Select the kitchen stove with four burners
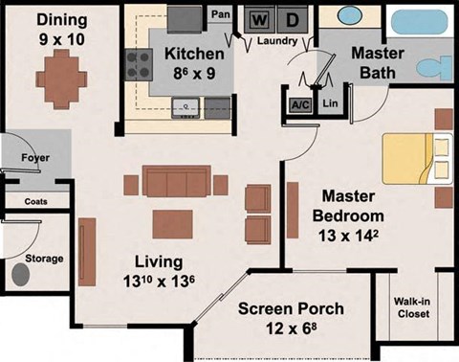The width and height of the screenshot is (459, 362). tap(140, 63)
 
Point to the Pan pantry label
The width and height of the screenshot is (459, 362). tap(219, 14)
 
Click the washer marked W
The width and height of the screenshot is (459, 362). tap(258, 18)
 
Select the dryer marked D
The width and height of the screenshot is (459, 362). tap(293, 18)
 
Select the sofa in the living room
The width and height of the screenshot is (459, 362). tap(177, 182)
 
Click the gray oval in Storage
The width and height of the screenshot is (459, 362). tap(19, 274)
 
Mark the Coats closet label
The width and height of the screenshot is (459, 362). tap(34, 201)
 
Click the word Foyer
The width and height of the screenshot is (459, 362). tap(35, 158)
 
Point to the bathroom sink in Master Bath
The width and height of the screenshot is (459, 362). tap(342, 18)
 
